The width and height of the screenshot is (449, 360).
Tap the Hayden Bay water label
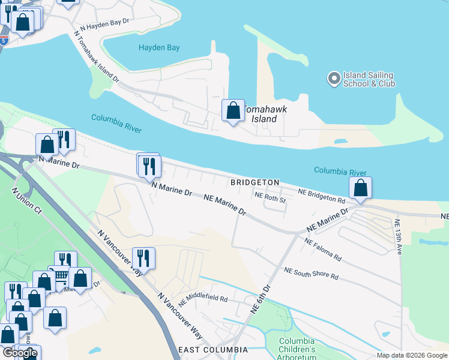(x=158, y=47)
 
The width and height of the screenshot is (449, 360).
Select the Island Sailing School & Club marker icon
(x=333, y=78)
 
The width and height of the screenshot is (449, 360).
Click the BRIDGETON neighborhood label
(x=255, y=182)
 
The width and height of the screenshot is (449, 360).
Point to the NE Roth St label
(x=270, y=197)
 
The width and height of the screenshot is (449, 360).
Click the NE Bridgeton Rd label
(x=322, y=196)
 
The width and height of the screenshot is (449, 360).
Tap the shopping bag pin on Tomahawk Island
(x=233, y=110)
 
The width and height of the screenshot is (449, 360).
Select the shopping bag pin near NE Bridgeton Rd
(x=360, y=187)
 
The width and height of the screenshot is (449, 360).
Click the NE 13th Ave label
(x=398, y=238)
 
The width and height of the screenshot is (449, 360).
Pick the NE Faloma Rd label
(x=323, y=250)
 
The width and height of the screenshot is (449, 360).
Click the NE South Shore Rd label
(x=311, y=274)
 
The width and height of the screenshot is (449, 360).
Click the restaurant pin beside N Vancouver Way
(x=143, y=258)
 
